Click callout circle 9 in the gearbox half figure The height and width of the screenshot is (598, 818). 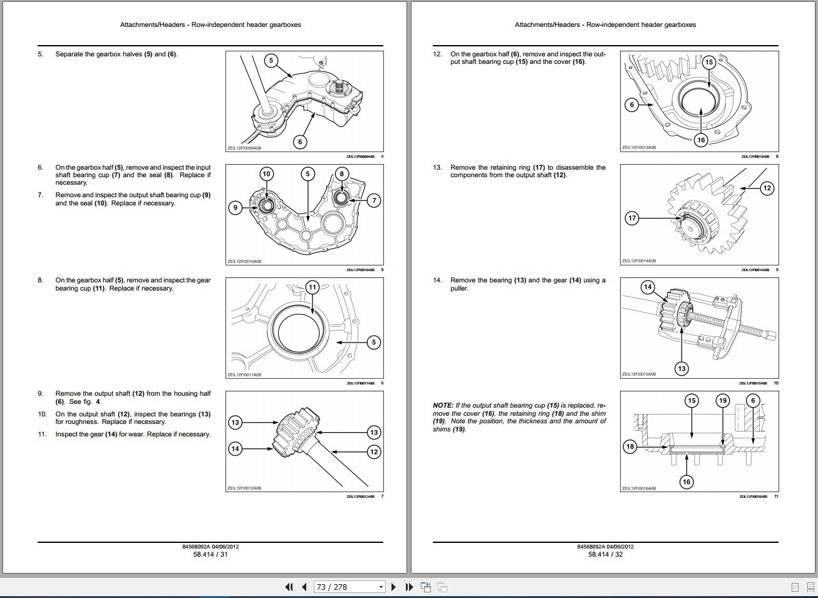(235, 207)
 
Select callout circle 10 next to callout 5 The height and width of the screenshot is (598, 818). (266, 174)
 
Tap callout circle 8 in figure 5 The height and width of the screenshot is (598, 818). (341, 174)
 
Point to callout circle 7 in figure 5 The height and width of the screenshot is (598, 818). (373, 200)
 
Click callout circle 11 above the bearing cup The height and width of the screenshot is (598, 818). (312, 287)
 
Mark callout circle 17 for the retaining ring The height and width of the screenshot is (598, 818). (632, 218)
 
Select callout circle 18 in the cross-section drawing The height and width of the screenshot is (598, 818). (630, 446)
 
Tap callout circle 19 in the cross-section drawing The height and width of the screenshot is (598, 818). (723, 401)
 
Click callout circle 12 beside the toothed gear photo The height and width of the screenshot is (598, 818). (767, 188)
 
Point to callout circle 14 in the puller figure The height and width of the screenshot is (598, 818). (648, 287)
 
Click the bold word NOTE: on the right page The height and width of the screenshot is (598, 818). (443, 405)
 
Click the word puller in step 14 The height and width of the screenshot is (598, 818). (459, 289)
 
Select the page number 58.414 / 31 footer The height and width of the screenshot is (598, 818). (210, 554)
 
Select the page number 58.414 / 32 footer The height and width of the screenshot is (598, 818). (605, 554)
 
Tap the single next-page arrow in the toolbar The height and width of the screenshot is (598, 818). (393, 587)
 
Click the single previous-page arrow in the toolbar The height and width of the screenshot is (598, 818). (304, 587)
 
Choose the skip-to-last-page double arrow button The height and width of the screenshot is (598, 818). (409, 587)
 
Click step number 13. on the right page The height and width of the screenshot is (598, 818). (437, 168)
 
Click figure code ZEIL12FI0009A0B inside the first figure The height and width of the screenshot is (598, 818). (244, 148)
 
